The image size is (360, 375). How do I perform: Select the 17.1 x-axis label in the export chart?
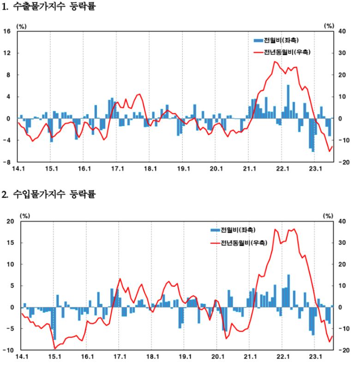(x=118, y=169)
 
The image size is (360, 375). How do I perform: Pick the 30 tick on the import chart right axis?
(x=342, y=243)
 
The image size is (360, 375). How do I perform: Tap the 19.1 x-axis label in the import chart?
(x=184, y=357)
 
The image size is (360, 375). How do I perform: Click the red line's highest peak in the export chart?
(x=276, y=61)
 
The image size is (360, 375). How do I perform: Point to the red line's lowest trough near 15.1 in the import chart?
(x=54, y=348)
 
